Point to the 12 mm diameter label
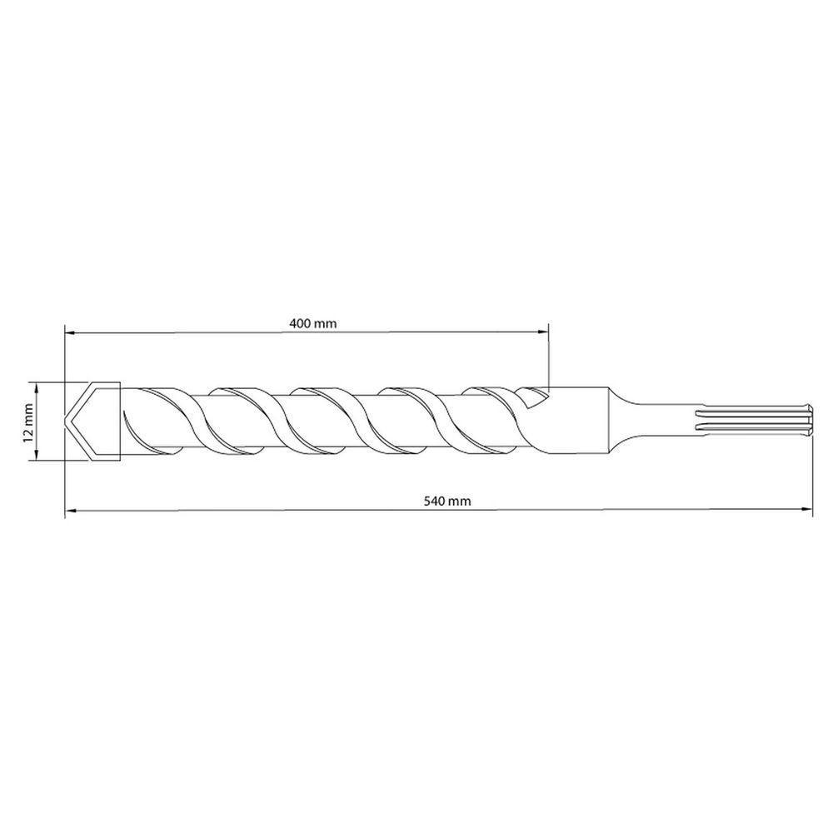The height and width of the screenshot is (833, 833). (x=27, y=421)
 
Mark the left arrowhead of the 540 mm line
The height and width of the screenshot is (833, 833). (x=69, y=510)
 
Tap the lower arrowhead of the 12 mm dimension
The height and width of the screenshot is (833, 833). (x=35, y=456)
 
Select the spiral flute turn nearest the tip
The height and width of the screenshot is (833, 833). (x=158, y=421)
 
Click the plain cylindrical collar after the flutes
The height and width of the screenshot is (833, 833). (x=579, y=421)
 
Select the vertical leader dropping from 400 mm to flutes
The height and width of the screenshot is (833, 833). (x=550, y=358)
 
